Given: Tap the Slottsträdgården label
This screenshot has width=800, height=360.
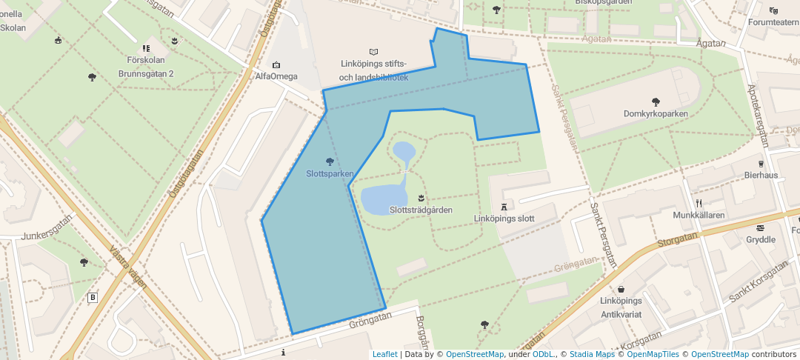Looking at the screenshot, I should click(421, 210).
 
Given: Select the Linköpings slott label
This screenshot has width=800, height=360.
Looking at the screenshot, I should click(504, 219).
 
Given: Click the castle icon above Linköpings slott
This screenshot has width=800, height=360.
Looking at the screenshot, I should click(504, 206).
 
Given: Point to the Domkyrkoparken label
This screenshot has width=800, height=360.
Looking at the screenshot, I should click(656, 114).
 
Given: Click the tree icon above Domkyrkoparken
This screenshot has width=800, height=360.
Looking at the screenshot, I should click(656, 101).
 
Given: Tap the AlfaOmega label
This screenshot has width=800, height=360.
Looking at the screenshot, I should click(276, 76).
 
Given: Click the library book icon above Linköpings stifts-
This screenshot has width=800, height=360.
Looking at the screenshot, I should click(373, 52).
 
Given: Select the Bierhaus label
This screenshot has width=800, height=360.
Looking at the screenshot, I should click(761, 176).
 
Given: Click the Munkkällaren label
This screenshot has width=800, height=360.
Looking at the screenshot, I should click(698, 215).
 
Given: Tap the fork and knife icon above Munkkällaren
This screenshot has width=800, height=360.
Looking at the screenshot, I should click(698, 202).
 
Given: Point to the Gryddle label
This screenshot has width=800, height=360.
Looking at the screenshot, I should click(761, 239).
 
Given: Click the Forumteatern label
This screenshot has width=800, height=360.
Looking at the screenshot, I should click(773, 22).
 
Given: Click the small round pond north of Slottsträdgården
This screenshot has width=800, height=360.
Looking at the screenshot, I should click(404, 153).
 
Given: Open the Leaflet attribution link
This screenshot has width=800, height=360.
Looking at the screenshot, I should click(384, 354).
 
